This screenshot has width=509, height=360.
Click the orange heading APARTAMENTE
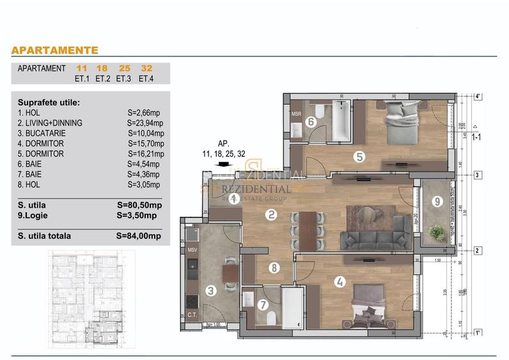coord(54,50)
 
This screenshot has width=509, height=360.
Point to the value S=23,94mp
coord(146,123)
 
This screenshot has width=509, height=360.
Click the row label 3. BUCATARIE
coord(41,133)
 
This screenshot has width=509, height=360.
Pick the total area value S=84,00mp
coord(139,236)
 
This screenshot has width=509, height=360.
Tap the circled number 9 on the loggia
coord(437,201)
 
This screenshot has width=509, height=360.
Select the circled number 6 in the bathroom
coord(311,121)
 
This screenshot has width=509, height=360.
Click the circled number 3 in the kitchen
coord(211,291)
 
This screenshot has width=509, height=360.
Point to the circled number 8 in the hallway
coord(274,268)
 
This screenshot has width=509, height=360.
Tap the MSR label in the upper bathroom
coord(296,114)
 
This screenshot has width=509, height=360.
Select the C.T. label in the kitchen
coord(192,315)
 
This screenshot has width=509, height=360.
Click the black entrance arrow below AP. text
coord(224,164)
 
